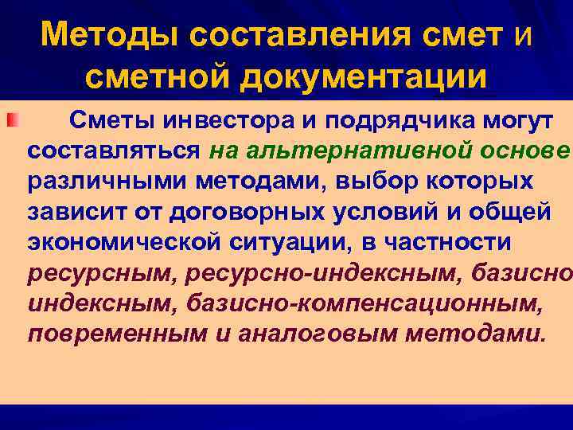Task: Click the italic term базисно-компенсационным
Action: (x=306, y=303)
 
